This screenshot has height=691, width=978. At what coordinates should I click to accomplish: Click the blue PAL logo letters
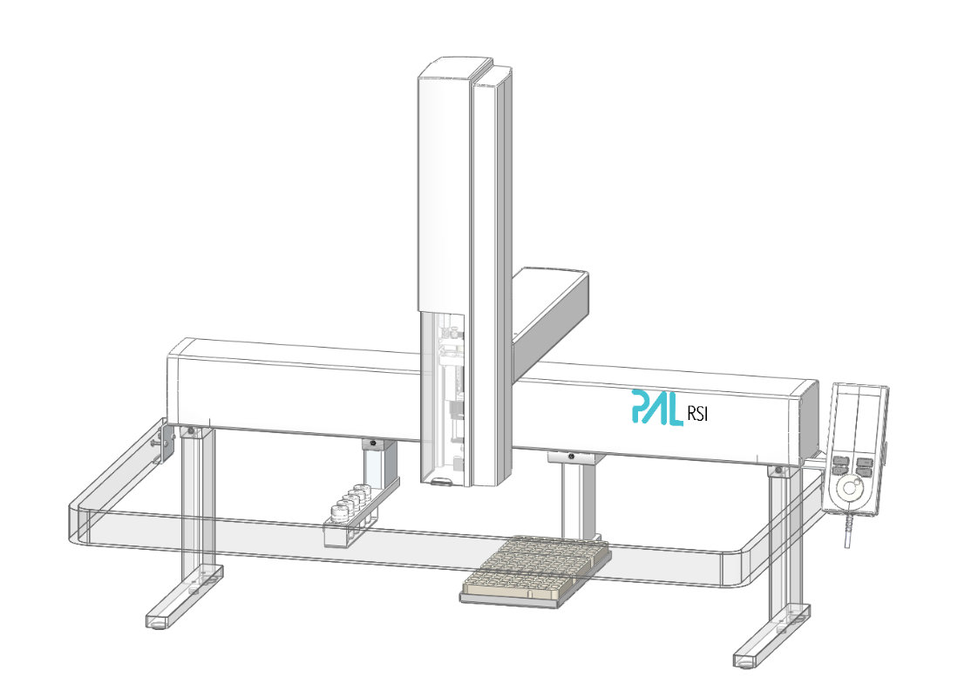[x=655, y=408]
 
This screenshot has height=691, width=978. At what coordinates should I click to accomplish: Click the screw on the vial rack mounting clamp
[x=372, y=444]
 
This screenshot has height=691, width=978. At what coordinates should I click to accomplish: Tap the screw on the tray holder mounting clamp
[x=570, y=457]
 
